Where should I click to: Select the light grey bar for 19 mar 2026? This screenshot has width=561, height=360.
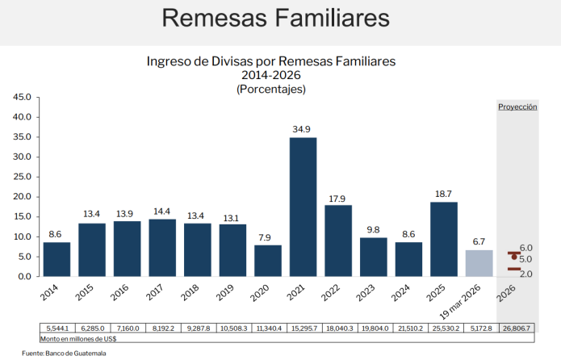pos(479,263)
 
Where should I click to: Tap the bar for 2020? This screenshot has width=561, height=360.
pos(268,260)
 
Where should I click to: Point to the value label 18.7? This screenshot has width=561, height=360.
pos(444,195)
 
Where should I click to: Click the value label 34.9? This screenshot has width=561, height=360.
pos(303,130)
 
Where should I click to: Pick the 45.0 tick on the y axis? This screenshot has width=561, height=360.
pos(22,97)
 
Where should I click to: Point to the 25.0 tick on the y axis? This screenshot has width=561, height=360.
pos(22,177)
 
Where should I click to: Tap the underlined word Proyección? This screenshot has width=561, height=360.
pos(517,107)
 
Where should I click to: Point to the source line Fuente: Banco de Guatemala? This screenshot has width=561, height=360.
pos(64,354)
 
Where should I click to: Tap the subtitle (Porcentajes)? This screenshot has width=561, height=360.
pos(270,89)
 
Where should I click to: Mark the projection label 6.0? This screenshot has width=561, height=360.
pos(525,248)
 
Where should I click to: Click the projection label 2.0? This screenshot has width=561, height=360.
pos(525,274)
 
